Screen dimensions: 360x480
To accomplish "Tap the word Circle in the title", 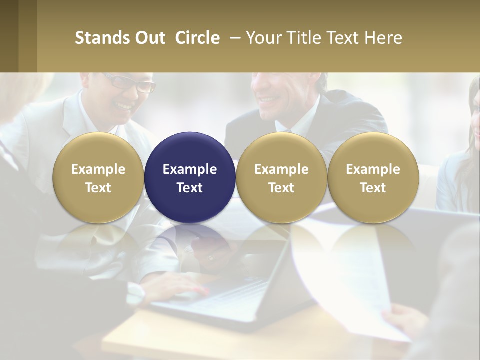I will click(x=197, y=38).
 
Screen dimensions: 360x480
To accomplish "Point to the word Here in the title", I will click(x=383, y=38).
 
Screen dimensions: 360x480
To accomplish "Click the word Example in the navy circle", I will click(x=190, y=169).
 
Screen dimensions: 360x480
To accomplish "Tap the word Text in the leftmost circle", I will click(x=98, y=188).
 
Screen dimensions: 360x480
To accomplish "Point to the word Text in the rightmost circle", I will click(x=373, y=188).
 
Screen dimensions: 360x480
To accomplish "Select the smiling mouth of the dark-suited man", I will click(x=270, y=99).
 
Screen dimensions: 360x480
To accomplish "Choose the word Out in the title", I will click(x=149, y=38).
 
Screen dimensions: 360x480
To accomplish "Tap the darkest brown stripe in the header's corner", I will click(x=9, y=36).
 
